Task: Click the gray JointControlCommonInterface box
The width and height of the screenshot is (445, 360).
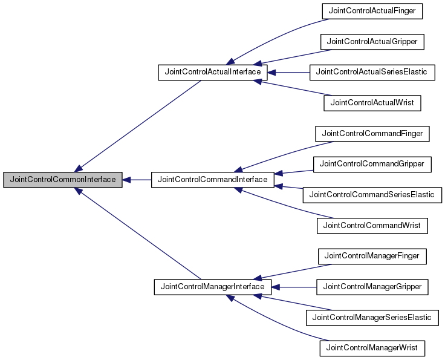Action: [63, 180]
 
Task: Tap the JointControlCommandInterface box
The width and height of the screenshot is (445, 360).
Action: [212, 180]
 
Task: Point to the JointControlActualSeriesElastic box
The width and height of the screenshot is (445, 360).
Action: [372, 72]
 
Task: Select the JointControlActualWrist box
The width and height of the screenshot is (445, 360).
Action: [372, 103]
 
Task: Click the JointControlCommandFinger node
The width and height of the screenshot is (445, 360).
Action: [372, 133]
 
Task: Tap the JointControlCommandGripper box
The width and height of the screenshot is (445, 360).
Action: [372, 163]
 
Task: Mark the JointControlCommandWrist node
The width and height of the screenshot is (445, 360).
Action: [372, 226]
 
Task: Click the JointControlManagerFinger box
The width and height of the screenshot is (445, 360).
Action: [372, 256]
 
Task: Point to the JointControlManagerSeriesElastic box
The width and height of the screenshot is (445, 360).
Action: [372, 317]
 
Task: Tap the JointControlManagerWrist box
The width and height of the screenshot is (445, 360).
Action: [372, 348]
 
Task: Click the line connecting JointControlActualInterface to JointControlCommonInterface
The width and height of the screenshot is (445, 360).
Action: [139, 125]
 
